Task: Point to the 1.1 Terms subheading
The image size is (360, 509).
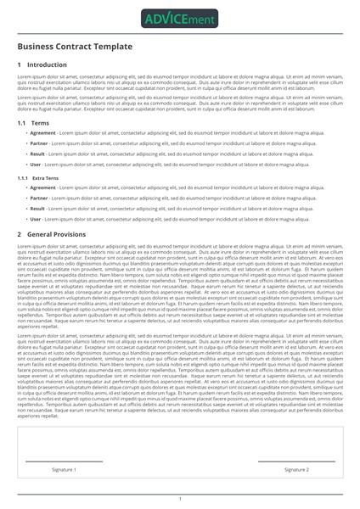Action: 33,123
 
